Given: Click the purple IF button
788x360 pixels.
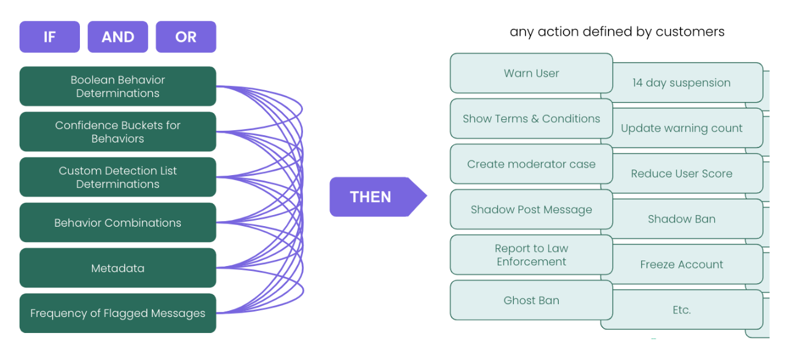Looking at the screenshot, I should coord(49,37).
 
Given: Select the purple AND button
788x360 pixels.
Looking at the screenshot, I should coord(117,37).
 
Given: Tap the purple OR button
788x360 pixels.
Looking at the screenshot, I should coord(186,37).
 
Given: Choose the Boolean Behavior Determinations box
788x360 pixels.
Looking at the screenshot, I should coord(117,87).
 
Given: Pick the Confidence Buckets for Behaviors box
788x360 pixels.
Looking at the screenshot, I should coord(117,132).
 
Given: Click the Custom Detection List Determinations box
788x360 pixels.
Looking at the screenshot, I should coord(117,178).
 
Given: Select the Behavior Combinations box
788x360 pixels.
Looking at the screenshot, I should coord(117,223).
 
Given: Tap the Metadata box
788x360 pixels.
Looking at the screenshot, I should coord(117,268).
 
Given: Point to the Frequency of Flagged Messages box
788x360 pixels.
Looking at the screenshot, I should coord(117,313).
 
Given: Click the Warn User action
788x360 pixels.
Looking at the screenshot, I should coord(531,73).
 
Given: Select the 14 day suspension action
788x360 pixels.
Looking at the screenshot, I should coord(681,83).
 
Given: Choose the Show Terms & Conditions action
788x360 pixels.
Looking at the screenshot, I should coord(531,119).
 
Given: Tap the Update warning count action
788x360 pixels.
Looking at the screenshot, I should coord(681,128).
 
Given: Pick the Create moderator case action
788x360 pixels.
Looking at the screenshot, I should coord(531,164).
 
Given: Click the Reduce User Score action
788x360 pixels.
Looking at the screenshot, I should coord(681,174).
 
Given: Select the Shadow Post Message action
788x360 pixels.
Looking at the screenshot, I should coord(531,209).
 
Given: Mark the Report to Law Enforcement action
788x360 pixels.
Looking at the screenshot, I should coord(531,255).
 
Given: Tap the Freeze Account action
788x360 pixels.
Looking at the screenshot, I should coord(681,265).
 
